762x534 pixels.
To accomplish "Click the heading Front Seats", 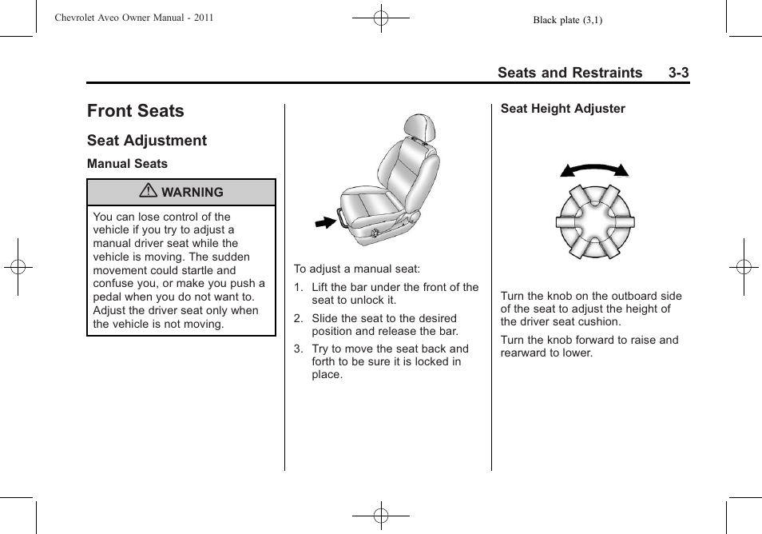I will pyautogui.click(x=136, y=111).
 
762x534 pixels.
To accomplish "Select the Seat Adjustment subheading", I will pyautogui.click(x=147, y=141).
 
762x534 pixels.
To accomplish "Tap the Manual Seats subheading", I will pyautogui.click(x=128, y=164).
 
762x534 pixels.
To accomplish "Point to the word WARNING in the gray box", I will pyautogui.click(x=192, y=193).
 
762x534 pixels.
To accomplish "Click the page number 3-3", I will pyautogui.click(x=679, y=73).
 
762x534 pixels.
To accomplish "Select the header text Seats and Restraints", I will pyautogui.click(x=570, y=73).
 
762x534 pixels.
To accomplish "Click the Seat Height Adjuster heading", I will pyautogui.click(x=563, y=109).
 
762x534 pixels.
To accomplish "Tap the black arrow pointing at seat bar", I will pyautogui.click(x=325, y=221).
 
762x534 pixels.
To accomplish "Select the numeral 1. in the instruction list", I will pyautogui.click(x=298, y=288).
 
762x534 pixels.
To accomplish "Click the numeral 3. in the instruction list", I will pyautogui.click(x=298, y=349).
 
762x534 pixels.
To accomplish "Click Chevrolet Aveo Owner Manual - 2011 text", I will pyautogui.click(x=133, y=18).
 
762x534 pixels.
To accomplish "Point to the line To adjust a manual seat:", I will pyautogui.click(x=357, y=269).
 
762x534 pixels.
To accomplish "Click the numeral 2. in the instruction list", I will pyautogui.click(x=298, y=318).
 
